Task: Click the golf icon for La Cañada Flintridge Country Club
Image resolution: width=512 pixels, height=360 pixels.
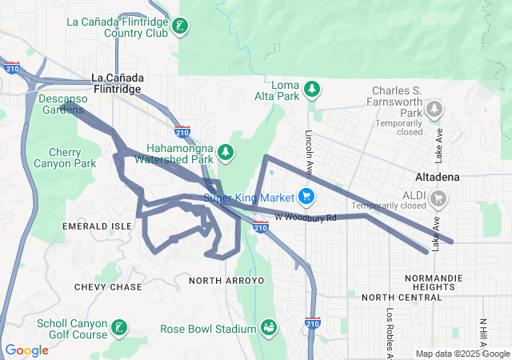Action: pyautogui.click(x=182, y=27)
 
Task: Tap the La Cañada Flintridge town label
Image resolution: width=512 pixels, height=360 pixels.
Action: pyautogui.click(x=118, y=83)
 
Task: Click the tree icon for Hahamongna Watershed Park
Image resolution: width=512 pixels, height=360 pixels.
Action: pyautogui.click(x=226, y=151)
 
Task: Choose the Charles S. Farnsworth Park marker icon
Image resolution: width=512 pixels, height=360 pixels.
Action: pyautogui.click(x=434, y=107)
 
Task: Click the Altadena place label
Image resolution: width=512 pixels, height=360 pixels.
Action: pyautogui.click(x=437, y=176)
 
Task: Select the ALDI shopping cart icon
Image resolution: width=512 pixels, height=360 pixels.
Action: pyautogui.click(x=438, y=198)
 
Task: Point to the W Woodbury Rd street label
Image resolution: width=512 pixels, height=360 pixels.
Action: pyautogui.click(x=306, y=217)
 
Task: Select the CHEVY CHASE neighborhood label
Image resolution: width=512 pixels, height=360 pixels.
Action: pyautogui.click(x=108, y=286)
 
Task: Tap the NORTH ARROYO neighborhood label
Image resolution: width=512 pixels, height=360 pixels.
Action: pyautogui.click(x=226, y=281)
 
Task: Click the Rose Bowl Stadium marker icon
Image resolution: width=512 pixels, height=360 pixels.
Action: pyautogui.click(x=270, y=328)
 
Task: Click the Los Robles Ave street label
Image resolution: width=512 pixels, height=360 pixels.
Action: pyautogui.click(x=390, y=332)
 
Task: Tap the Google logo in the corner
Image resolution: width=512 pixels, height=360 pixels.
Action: pyautogui.click(x=26, y=350)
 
